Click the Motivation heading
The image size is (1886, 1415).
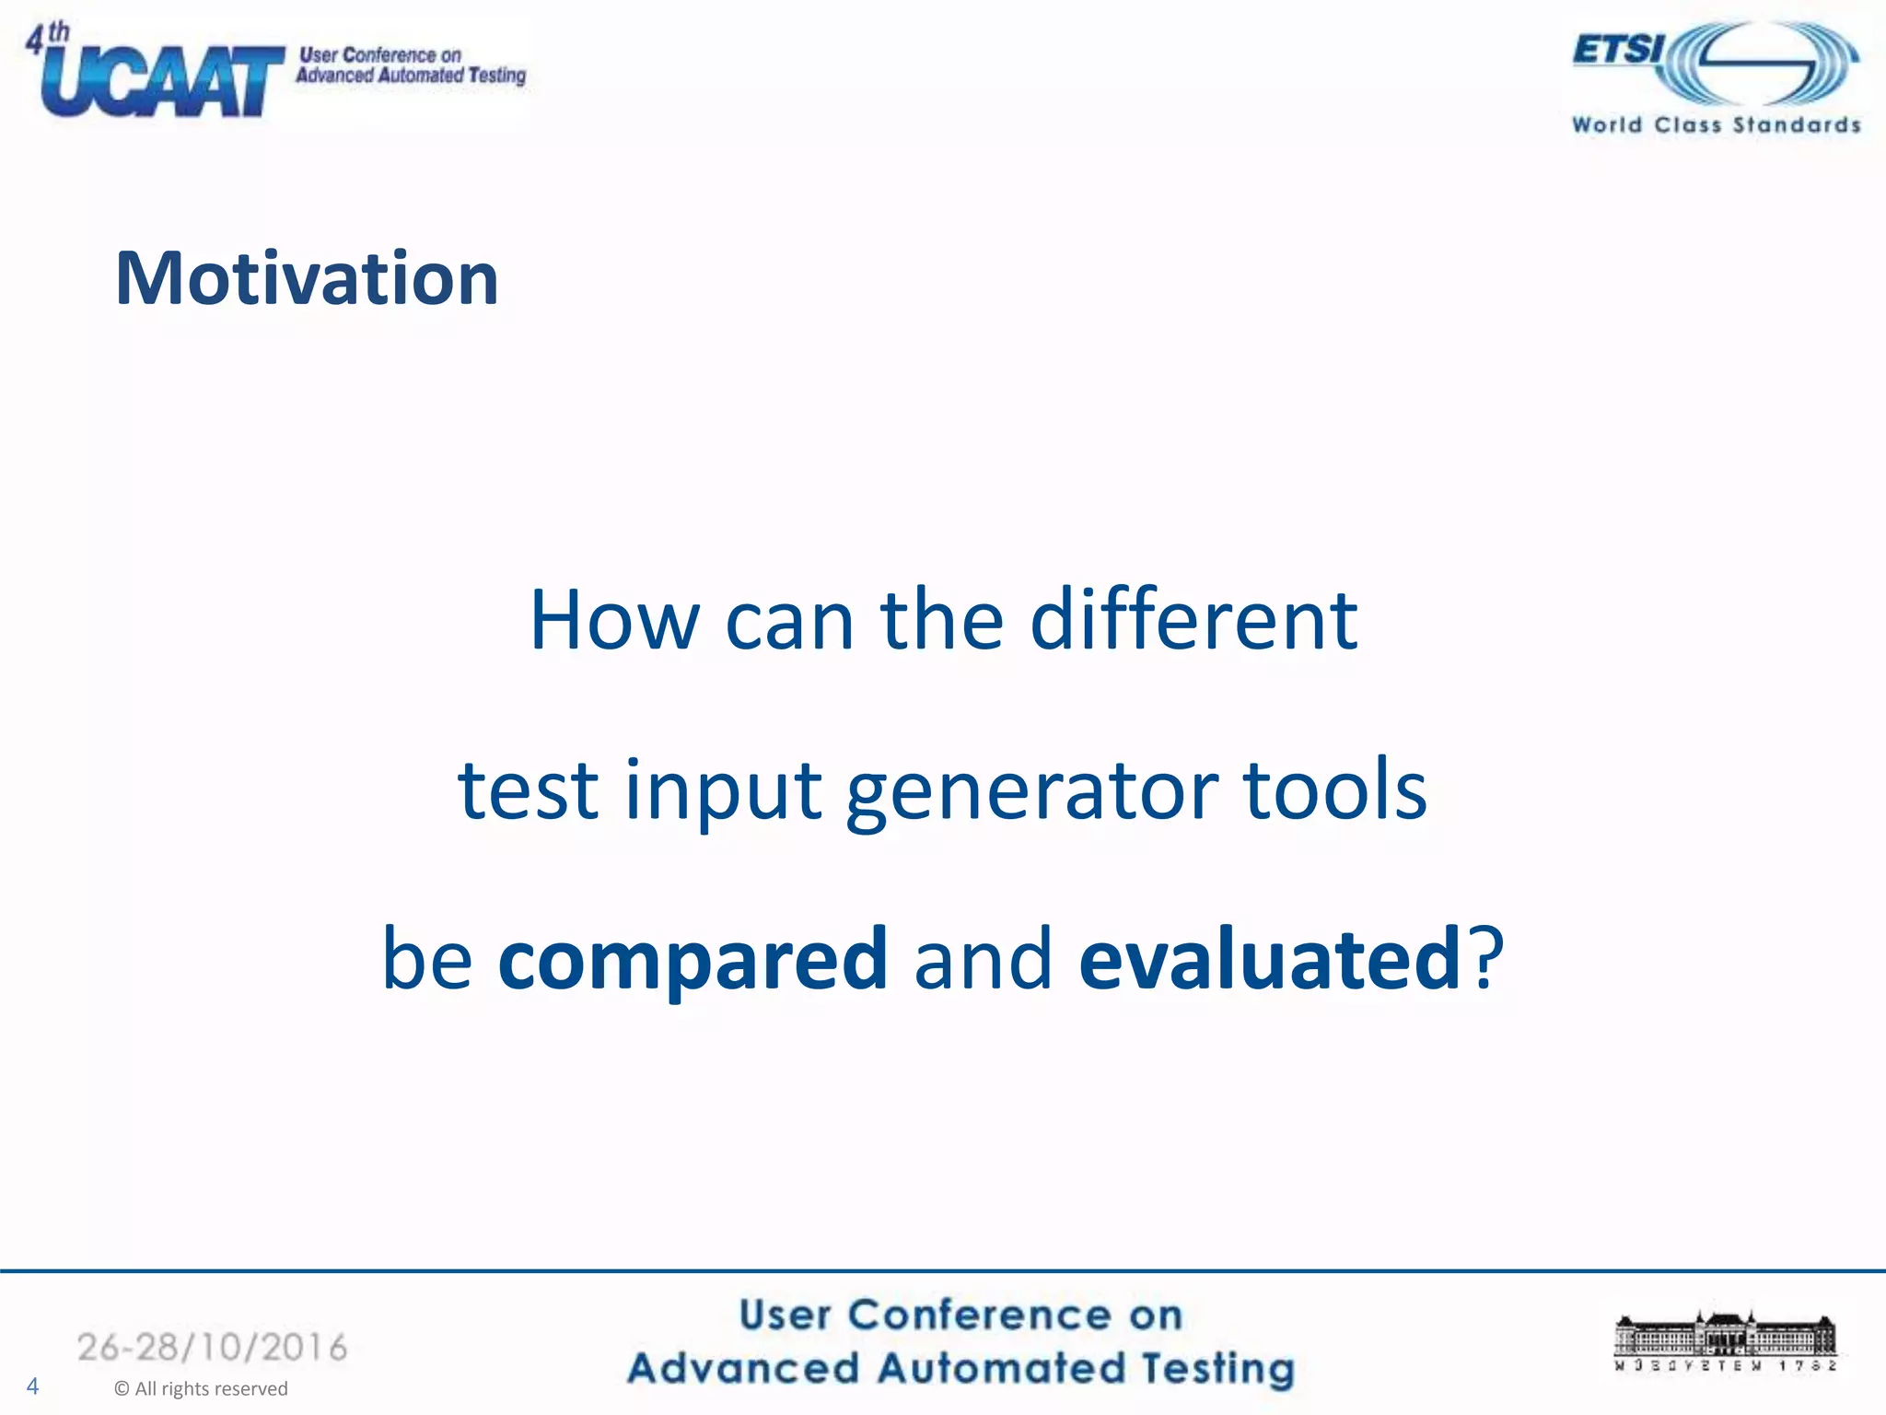[307, 278]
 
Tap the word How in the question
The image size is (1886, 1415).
[614, 621]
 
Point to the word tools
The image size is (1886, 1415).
[1334, 790]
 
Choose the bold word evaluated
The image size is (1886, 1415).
[1269, 959]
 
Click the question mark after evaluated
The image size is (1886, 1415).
[1485, 959]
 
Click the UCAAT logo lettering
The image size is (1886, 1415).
[161, 83]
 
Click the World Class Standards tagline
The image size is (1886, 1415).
[1716, 125]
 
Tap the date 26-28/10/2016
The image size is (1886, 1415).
[213, 1348]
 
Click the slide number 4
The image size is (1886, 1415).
[33, 1386]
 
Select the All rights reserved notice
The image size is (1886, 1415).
[201, 1389]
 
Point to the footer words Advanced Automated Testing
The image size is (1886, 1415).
[960, 1368]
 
